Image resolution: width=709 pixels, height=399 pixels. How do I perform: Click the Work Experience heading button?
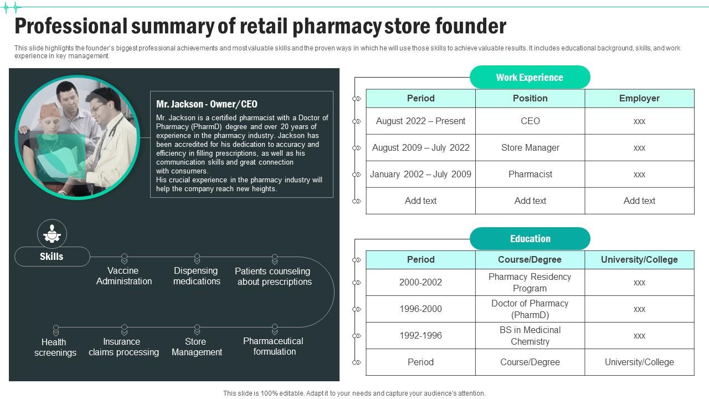point(530,78)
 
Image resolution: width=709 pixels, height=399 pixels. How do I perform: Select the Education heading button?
point(530,239)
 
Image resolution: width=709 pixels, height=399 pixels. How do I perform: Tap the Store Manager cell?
point(530,147)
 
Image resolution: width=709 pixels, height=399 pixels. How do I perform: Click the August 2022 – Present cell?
point(420,121)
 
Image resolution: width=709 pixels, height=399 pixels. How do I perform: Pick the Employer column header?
point(639,98)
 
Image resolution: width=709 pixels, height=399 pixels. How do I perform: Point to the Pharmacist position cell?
point(530,174)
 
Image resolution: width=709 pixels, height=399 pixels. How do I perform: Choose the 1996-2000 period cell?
point(420,309)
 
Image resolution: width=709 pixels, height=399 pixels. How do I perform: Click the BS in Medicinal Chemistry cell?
point(530,335)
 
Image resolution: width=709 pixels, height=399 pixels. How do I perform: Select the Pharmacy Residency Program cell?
point(530,282)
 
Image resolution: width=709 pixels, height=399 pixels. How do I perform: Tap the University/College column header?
point(639,259)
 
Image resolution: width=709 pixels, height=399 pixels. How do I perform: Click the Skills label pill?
point(52,257)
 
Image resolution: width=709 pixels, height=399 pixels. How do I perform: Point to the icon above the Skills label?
point(52,233)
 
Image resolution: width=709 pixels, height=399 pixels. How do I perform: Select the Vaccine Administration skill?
point(124,276)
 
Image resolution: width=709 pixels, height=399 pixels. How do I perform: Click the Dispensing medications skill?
point(197,276)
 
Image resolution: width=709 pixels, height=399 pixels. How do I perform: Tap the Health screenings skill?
point(55,347)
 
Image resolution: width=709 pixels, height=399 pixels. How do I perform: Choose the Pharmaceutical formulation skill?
point(274,346)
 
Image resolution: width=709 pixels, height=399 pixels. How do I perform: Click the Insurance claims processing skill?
point(124,347)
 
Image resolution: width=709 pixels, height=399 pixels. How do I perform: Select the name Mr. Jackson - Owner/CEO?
point(207,104)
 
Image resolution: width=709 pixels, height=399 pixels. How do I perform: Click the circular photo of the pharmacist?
point(78,137)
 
